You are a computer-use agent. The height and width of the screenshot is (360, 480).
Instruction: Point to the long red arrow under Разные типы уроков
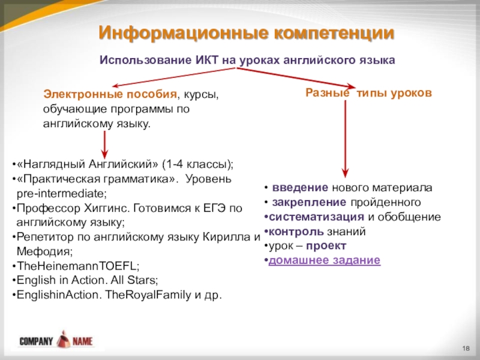pos(345,138)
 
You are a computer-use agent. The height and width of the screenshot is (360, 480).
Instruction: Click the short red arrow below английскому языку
pos(106,144)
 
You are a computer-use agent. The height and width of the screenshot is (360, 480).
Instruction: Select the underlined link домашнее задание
pos(324,260)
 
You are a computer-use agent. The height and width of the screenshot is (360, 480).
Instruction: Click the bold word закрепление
pos(308,202)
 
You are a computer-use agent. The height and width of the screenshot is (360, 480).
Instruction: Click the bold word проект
pos(325,246)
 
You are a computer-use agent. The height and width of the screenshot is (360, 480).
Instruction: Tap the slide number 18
pos(466,350)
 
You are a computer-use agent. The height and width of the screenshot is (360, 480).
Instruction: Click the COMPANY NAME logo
pos(56,340)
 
